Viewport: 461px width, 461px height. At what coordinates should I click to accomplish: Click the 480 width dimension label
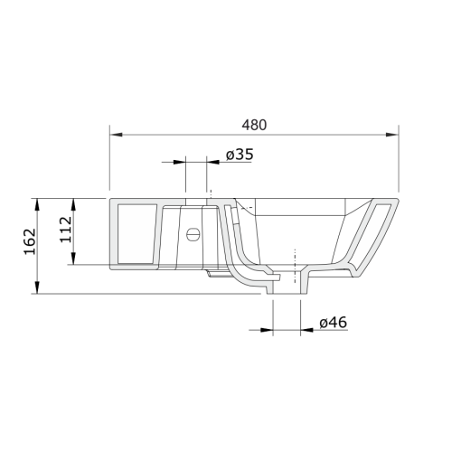pos(254,126)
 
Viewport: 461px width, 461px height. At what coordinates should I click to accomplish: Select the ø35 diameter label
pos(239,155)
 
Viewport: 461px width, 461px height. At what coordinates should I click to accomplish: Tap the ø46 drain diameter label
pos(334,321)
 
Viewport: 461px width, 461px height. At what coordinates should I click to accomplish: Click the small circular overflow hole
pos(192,235)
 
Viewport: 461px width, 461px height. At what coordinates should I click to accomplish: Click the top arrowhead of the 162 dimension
pos(36,202)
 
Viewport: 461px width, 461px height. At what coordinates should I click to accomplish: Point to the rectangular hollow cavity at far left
pos(135,233)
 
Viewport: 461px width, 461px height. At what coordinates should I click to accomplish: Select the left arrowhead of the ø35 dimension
pos(180,163)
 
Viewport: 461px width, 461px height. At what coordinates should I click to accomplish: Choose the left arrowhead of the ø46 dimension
pos(268,329)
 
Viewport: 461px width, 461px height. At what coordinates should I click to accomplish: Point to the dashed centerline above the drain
pos(293,262)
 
